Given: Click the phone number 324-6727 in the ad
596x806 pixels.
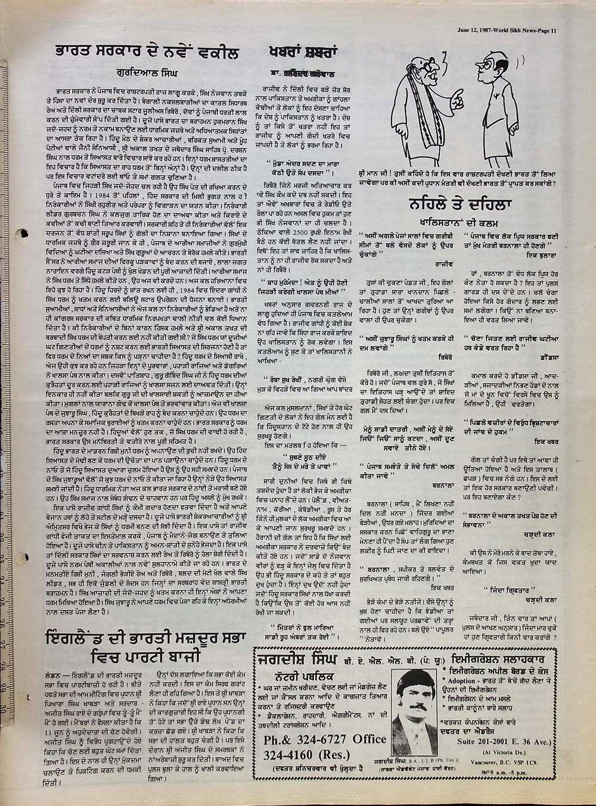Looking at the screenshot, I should (314, 739).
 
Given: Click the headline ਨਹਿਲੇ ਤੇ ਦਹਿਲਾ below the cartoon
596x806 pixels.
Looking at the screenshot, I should (468, 203).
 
